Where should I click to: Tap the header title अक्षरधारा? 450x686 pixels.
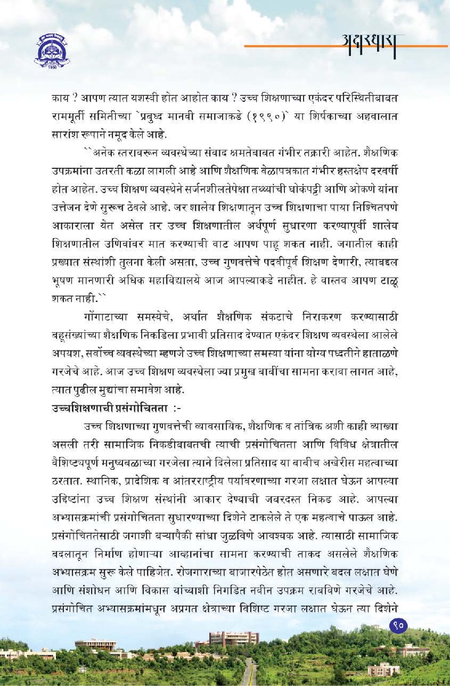(371, 41)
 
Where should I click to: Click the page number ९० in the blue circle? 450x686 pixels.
(398, 624)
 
